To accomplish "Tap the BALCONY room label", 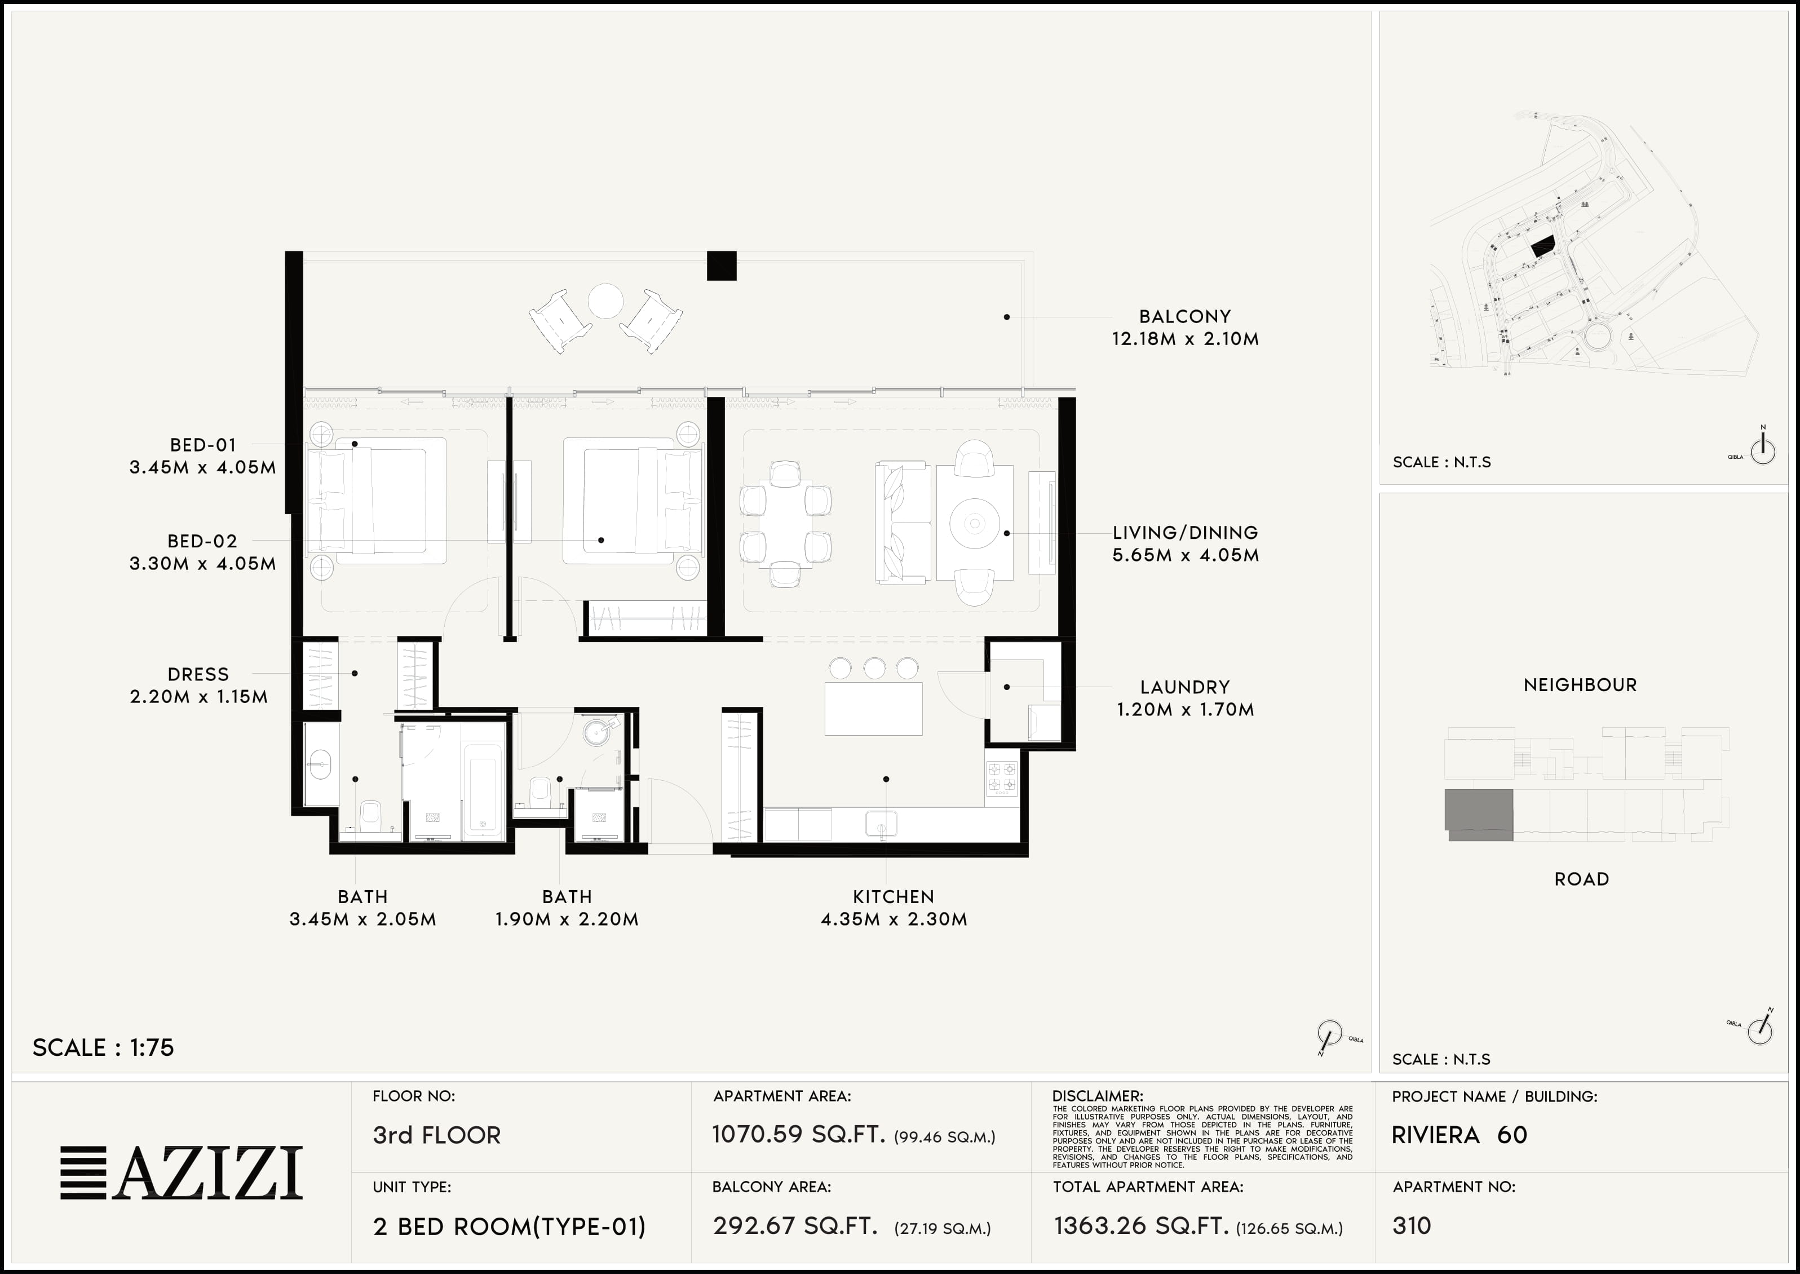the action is coord(1185,317).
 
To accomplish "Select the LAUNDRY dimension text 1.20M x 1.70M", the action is coord(1185,710).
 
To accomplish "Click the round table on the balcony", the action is coord(605,300).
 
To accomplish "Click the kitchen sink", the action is coord(881,825).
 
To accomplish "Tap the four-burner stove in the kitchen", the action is coord(1002,777).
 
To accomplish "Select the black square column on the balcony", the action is coord(722,265).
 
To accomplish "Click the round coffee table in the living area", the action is coord(974,523).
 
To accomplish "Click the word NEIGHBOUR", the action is coord(1580,685).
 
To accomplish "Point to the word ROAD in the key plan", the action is coord(1581,879).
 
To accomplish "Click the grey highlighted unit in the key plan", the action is coord(1479,813).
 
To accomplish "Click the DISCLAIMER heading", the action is coord(1097,1096).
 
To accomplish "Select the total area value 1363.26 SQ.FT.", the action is coord(1140,1226).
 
